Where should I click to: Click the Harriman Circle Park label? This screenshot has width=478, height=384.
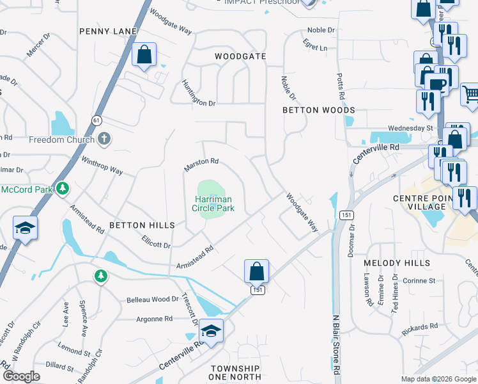tap(214, 204)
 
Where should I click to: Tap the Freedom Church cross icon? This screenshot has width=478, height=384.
tap(105, 139)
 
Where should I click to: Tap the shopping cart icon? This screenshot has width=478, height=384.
tap(470, 94)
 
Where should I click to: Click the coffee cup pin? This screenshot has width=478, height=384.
tap(437, 83)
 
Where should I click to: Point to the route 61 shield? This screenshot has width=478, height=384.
tap(96, 120)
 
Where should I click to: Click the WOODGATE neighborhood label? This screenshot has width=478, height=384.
tap(240, 56)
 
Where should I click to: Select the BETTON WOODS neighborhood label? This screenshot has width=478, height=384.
tap(319, 110)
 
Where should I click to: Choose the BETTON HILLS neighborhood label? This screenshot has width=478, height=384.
tap(142, 225)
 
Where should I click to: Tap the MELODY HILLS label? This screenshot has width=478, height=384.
tap(397, 263)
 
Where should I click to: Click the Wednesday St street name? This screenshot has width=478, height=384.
tap(410, 129)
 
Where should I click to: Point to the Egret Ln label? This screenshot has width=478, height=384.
tap(315, 47)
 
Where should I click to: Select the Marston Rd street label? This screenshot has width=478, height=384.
tap(201, 164)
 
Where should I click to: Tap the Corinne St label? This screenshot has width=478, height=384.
tap(419, 280)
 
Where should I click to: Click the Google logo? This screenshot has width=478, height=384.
tap(21, 376)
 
